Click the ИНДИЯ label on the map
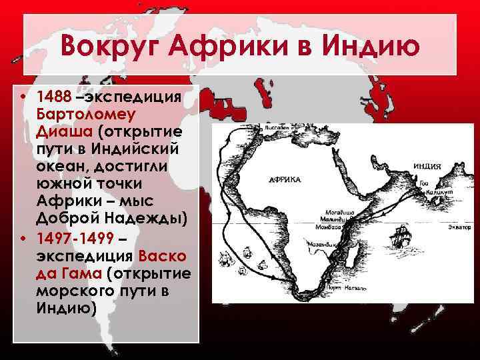point(427,166)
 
